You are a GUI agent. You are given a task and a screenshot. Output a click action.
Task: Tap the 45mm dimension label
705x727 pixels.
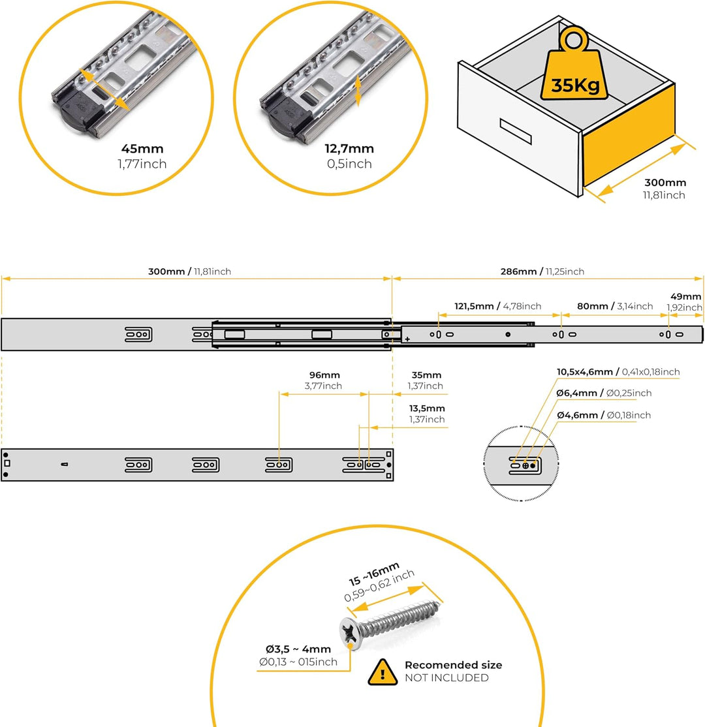142,149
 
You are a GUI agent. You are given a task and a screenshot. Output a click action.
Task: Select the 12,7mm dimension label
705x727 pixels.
349,149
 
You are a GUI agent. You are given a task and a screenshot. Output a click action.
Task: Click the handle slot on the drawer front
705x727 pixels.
515,131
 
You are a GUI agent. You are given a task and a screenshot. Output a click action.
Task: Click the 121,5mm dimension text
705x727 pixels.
474,307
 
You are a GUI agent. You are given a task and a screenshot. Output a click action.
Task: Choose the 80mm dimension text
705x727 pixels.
592,306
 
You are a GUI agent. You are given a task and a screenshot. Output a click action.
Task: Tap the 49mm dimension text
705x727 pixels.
685,297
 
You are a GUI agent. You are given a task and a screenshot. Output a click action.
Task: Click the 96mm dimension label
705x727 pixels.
324,375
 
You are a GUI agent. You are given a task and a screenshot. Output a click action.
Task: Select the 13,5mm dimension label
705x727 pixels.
427,409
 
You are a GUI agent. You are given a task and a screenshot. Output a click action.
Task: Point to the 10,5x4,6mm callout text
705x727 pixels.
585,372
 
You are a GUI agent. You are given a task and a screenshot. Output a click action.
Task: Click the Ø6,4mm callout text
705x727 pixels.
576,393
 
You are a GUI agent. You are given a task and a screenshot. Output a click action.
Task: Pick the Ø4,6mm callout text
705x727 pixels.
577,416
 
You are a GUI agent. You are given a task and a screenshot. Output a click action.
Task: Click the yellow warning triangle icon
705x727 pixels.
383,672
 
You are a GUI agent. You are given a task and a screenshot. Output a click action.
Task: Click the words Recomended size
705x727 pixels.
453,665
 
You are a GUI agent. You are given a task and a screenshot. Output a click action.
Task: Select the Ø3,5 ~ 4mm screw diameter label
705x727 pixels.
298,649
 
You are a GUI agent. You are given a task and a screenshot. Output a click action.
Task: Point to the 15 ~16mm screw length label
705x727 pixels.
374,574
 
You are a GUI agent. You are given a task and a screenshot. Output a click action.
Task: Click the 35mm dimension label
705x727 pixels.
426,375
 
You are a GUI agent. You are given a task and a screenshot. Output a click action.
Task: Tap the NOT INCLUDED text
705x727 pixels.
446,678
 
